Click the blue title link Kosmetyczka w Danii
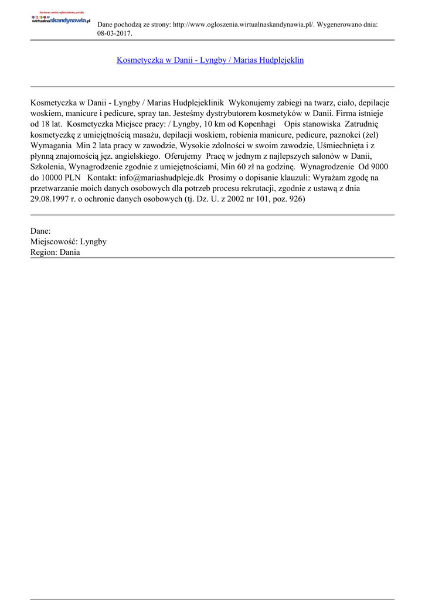point(210,60)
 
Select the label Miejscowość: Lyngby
point(68,241)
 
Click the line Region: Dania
point(55,252)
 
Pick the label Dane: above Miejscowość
point(40,231)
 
